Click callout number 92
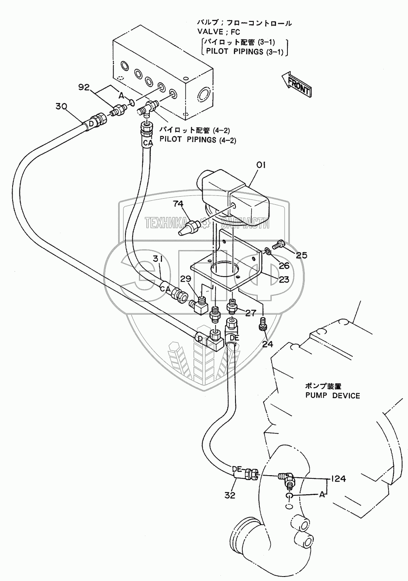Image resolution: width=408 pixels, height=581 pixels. click(x=84, y=87)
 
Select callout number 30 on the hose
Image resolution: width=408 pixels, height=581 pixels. click(x=61, y=106)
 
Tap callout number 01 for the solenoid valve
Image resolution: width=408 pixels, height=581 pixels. click(x=261, y=165)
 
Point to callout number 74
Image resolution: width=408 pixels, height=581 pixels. click(x=178, y=204)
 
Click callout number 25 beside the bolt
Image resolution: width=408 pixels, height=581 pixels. click(x=301, y=255)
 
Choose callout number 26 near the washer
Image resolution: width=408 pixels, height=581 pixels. click(x=284, y=265)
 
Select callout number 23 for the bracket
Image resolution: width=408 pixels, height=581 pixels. click(x=284, y=279)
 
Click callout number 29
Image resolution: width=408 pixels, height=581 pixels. click(x=186, y=279)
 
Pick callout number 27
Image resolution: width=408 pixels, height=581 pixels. click(x=250, y=313)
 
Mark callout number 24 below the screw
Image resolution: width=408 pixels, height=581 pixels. click(x=268, y=344)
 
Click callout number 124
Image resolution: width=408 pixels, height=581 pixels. click(x=338, y=478)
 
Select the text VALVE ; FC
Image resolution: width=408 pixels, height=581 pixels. click(x=219, y=32)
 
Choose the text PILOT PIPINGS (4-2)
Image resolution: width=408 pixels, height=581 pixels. click(x=198, y=140)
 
